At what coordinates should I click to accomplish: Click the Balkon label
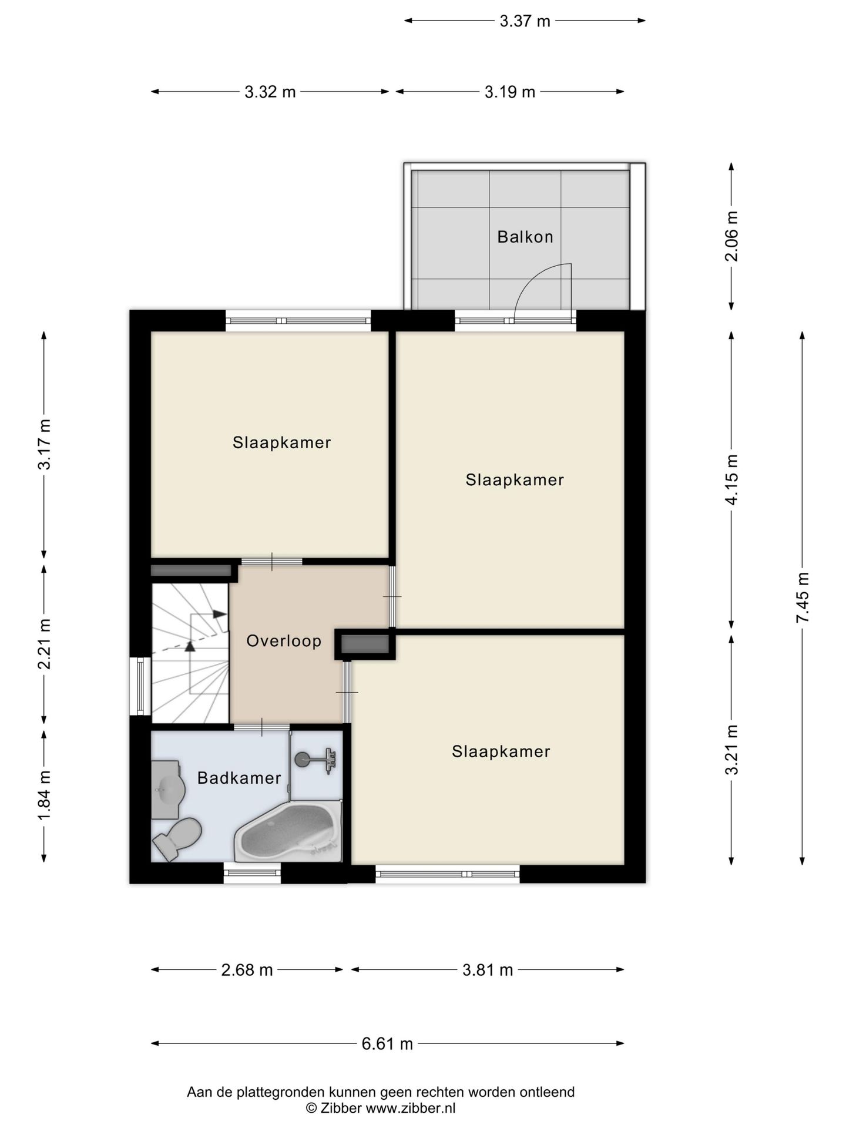click(525, 237)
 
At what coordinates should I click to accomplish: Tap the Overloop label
click(284, 641)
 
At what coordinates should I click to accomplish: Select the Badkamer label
click(239, 778)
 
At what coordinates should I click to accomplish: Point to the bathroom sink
click(166, 790)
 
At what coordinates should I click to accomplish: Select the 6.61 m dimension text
click(387, 1043)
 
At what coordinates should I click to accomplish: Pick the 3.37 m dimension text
click(525, 21)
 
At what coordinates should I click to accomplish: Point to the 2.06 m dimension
click(731, 236)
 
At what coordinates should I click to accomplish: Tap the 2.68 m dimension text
click(247, 969)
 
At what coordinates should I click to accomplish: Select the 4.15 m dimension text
click(731, 479)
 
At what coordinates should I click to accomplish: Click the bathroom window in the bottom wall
click(252, 873)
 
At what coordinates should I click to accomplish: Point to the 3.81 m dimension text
click(488, 969)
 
